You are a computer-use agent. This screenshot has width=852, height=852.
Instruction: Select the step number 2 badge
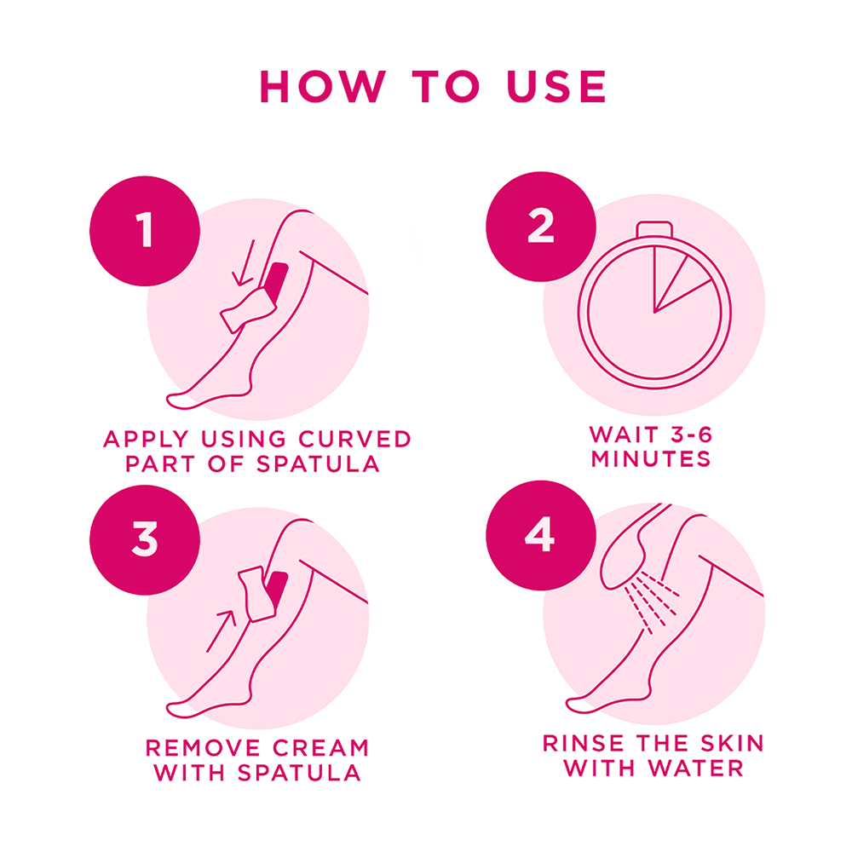[x=540, y=228]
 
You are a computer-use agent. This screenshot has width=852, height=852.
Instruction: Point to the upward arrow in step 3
[x=220, y=630]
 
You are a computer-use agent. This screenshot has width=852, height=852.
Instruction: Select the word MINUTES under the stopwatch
[x=651, y=459]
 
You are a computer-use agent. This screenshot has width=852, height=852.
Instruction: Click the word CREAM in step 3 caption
[x=318, y=748]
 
